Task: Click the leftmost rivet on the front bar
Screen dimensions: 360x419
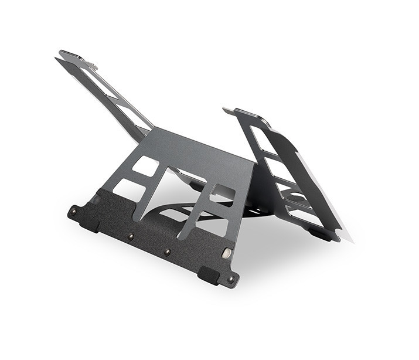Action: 74,209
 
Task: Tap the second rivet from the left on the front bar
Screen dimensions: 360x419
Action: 131,236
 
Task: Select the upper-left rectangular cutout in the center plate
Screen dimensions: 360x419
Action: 145,167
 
